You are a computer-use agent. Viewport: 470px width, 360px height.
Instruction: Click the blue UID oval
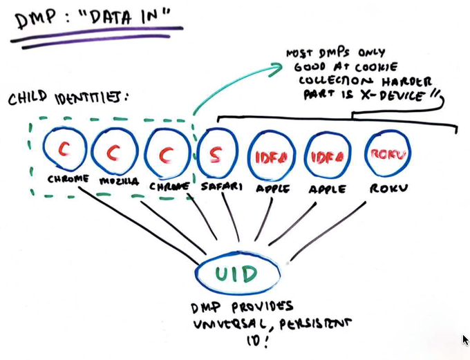pyautogui.click(x=239, y=274)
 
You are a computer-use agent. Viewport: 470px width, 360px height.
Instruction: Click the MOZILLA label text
pyautogui.click(x=118, y=182)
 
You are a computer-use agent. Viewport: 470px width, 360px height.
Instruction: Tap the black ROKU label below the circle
pyautogui.click(x=388, y=188)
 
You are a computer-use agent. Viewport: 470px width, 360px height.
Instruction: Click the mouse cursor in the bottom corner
pyautogui.click(x=466, y=339)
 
